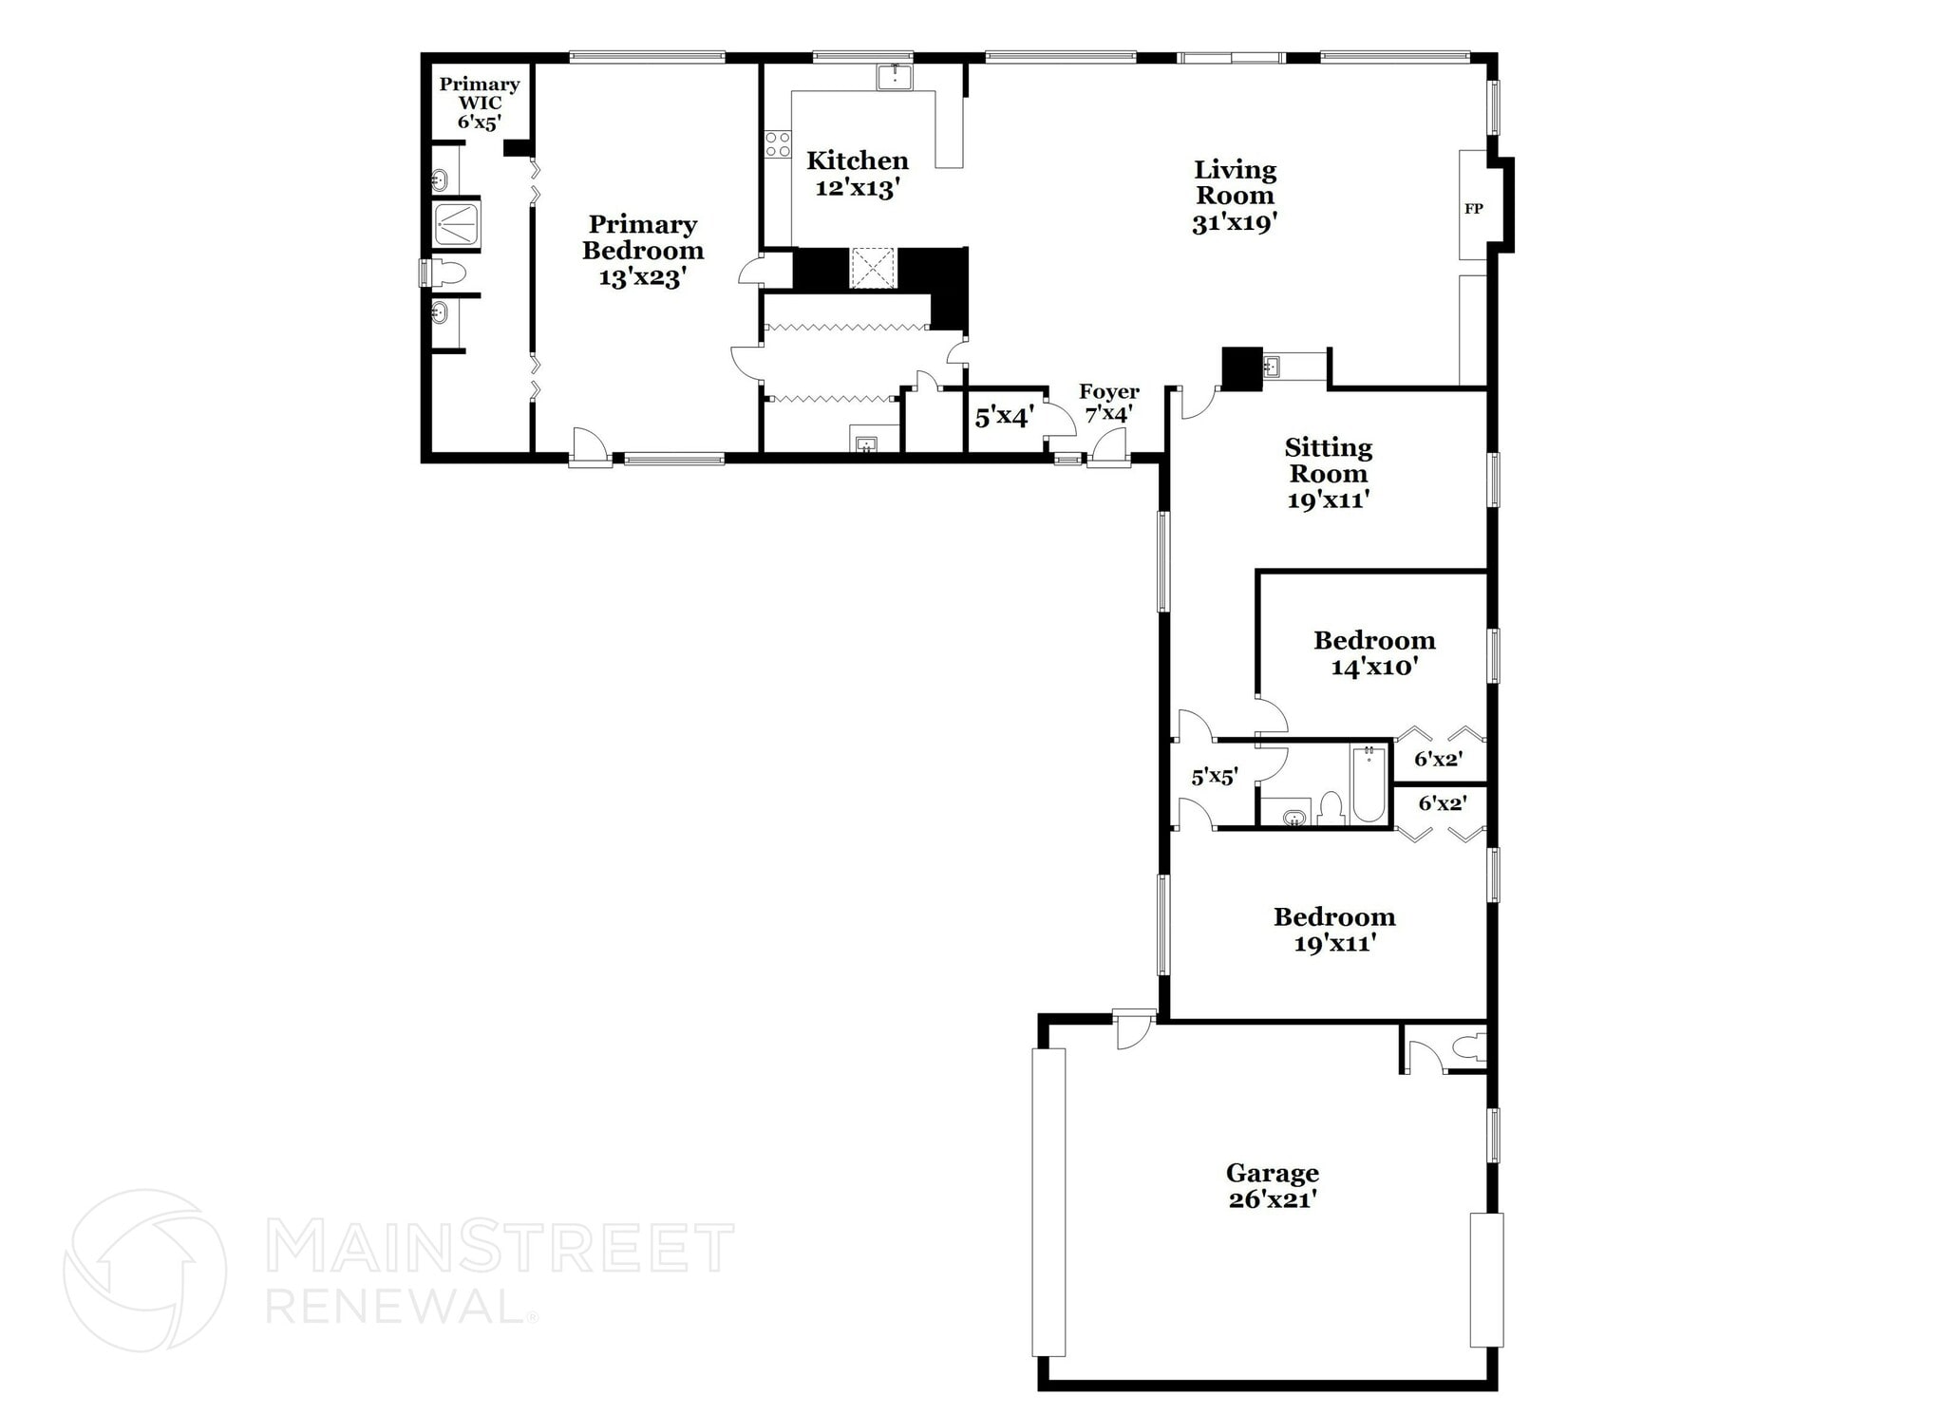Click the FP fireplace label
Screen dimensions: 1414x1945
tap(1473, 209)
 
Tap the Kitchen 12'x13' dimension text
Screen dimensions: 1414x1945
tap(857, 188)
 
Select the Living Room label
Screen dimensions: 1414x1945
tap(1235, 182)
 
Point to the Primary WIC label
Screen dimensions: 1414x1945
tap(479, 93)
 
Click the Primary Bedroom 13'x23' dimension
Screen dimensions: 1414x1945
tap(642, 277)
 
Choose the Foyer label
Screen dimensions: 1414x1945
tap(1108, 391)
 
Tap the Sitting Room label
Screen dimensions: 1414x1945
tap(1328, 460)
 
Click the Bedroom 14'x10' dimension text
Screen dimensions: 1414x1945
tap(1374, 667)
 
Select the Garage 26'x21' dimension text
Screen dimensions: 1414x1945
tap(1272, 1199)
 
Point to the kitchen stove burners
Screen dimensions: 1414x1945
tap(778, 144)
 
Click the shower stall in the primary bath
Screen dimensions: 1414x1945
tap(457, 224)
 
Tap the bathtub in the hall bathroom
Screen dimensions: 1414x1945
tap(1369, 784)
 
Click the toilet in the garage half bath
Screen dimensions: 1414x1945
tap(1469, 1047)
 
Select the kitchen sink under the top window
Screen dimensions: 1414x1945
tap(894, 77)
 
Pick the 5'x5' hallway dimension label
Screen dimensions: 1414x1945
tap(1215, 777)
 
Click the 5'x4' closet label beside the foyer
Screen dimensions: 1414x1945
tap(1004, 417)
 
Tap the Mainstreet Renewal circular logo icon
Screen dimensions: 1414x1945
tap(144, 1270)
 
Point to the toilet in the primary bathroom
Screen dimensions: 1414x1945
tap(448, 274)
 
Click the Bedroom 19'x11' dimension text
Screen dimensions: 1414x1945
tap(1334, 943)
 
